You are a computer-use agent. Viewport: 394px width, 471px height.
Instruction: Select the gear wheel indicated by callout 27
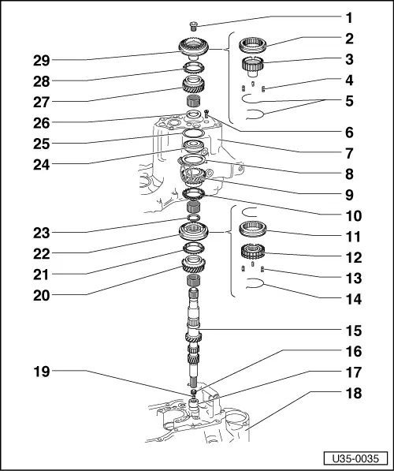[x=194, y=84]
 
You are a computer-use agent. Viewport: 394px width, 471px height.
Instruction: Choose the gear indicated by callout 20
[x=194, y=266]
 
